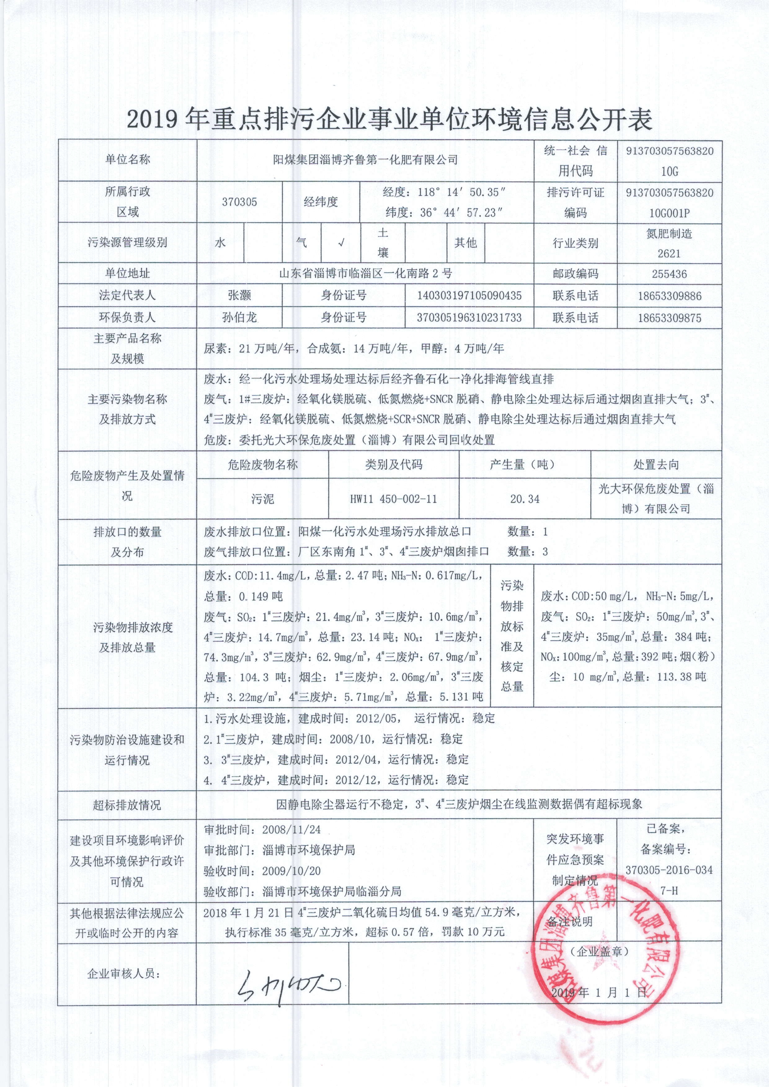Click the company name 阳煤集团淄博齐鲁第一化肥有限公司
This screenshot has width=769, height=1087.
[365, 160]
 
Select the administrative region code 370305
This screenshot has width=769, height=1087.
[239, 202]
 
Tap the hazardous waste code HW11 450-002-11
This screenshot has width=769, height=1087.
[393, 499]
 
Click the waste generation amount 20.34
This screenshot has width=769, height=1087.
[525, 499]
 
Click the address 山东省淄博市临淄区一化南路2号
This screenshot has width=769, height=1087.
[365, 274]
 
